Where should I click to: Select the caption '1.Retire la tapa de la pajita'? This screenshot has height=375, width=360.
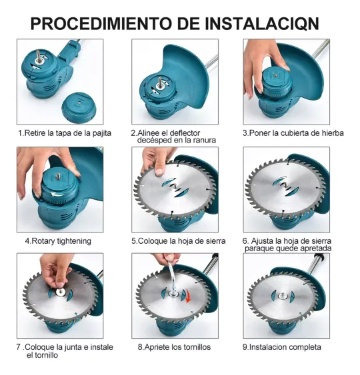(x=65, y=133)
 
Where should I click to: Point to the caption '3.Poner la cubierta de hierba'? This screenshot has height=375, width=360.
(x=293, y=133)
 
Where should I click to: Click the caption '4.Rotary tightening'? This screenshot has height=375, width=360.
(x=58, y=240)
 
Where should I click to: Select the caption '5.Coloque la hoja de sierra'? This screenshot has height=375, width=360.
(x=178, y=240)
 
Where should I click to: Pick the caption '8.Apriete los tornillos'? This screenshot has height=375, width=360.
(x=174, y=347)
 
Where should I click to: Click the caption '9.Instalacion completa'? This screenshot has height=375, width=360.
(x=282, y=347)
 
